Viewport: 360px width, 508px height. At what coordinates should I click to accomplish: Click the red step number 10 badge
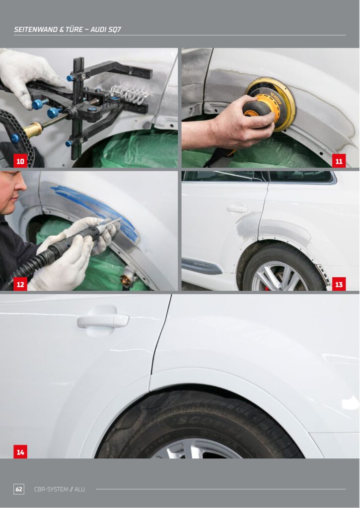(20, 161)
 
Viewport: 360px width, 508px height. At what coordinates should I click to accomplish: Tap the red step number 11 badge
(339, 161)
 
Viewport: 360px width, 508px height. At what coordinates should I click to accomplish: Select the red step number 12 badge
(20, 284)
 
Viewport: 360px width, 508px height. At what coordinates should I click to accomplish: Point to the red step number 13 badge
(339, 284)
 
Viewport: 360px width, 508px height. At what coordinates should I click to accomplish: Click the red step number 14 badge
(20, 451)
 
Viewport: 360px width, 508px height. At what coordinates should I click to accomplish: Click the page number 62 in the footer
(19, 489)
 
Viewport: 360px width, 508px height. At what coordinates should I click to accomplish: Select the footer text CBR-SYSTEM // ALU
(60, 489)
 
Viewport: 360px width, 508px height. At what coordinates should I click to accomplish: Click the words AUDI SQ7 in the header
(106, 29)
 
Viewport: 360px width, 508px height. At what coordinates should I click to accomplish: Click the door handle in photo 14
(103, 321)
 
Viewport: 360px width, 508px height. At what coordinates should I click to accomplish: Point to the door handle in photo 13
(237, 209)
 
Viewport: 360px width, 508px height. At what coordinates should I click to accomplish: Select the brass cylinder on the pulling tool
(33, 130)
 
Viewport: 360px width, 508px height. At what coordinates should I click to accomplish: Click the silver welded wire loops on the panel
(130, 94)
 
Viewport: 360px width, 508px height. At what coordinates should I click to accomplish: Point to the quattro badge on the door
(202, 265)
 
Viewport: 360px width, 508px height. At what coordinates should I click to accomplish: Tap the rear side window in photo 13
(301, 177)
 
